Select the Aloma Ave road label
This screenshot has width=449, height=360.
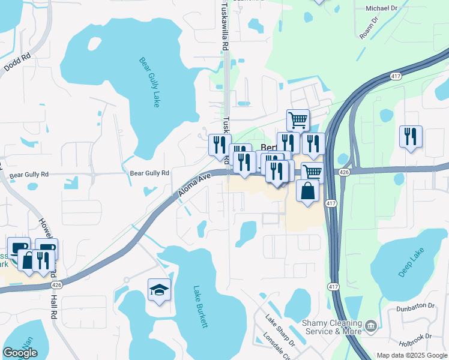pyautogui.click(x=196, y=185)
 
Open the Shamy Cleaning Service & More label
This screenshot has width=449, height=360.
pyautogui.click(x=333, y=327)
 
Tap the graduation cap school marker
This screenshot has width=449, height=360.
pyautogui.click(x=159, y=290)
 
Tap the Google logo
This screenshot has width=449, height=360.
pyautogui.click(x=20, y=353)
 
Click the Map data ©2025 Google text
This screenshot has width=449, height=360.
pyautogui.click(x=412, y=355)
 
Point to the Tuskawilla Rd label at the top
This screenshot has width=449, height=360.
pyautogui.click(x=225, y=28)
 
